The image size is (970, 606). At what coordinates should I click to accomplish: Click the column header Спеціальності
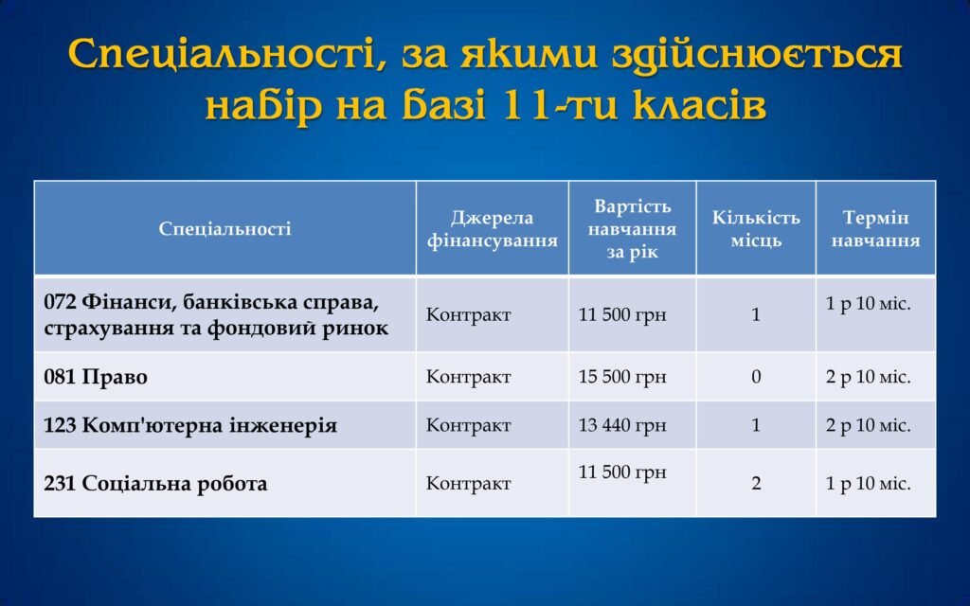pyautogui.click(x=225, y=229)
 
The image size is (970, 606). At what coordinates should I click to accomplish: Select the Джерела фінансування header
pyautogui.click(x=493, y=229)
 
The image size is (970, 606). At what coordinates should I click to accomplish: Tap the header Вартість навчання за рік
pyautogui.click(x=632, y=229)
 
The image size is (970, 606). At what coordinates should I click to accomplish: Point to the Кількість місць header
pyautogui.click(x=756, y=229)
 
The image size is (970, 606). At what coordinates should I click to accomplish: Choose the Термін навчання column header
pyautogui.click(x=875, y=229)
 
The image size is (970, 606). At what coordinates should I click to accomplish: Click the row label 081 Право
pyautogui.click(x=96, y=377)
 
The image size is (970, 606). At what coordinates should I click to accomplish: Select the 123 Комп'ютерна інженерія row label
pyautogui.click(x=190, y=425)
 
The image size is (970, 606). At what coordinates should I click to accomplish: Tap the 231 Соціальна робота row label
pyautogui.click(x=155, y=483)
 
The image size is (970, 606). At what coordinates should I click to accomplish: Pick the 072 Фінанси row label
pyautogui.click(x=216, y=314)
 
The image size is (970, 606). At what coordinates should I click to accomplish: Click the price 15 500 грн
pyautogui.click(x=622, y=377)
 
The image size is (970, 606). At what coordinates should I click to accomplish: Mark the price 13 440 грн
pyautogui.click(x=622, y=425)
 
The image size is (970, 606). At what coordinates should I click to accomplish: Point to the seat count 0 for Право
pyautogui.click(x=756, y=377)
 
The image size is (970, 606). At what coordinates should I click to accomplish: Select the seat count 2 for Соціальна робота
pyautogui.click(x=756, y=483)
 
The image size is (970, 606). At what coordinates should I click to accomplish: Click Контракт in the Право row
pyautogui.click(x=468, y=377)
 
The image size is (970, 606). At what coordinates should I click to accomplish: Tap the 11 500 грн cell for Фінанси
pyautogui.click(x=622, y=314)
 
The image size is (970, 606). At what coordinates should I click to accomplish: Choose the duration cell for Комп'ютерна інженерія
pyautogui.click(x=868, y=425)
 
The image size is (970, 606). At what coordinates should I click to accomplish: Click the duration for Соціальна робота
pyautogui.click(x=868, y=483)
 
